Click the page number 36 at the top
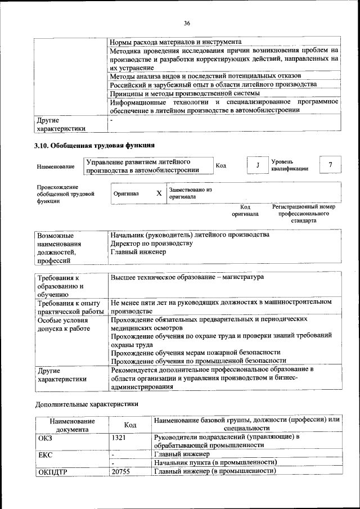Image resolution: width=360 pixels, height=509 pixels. click(x=187, y=23)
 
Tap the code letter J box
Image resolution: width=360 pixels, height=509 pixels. click(x=257, y=165)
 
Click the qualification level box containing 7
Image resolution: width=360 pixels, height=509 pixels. click(x=330, y=165)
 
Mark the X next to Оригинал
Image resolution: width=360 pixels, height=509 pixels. click(x=159, y=193)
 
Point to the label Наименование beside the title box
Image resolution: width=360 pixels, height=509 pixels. click(x=56, y=166)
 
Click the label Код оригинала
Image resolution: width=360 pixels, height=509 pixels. click(x=245, y=210)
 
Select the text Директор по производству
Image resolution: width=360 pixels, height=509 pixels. click(x=152, y=244)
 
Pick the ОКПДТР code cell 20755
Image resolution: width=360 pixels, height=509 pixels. click(x=120, y=472)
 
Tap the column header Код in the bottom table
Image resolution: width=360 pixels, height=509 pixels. click(x=130, y=425)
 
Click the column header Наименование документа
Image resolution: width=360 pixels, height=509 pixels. click(x=72, y=425)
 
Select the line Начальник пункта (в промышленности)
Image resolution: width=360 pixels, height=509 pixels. click(x=217, y=462)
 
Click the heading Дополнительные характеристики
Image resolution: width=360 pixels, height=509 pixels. click(x=87, y=403)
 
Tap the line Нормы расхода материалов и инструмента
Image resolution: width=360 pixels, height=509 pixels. click(x=175, y=42)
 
